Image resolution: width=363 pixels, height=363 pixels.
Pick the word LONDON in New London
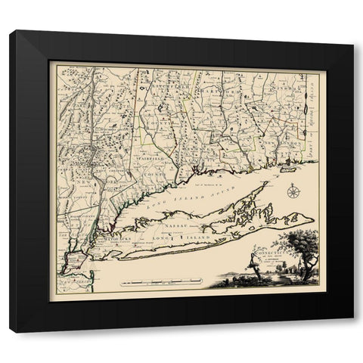[284, 144]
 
